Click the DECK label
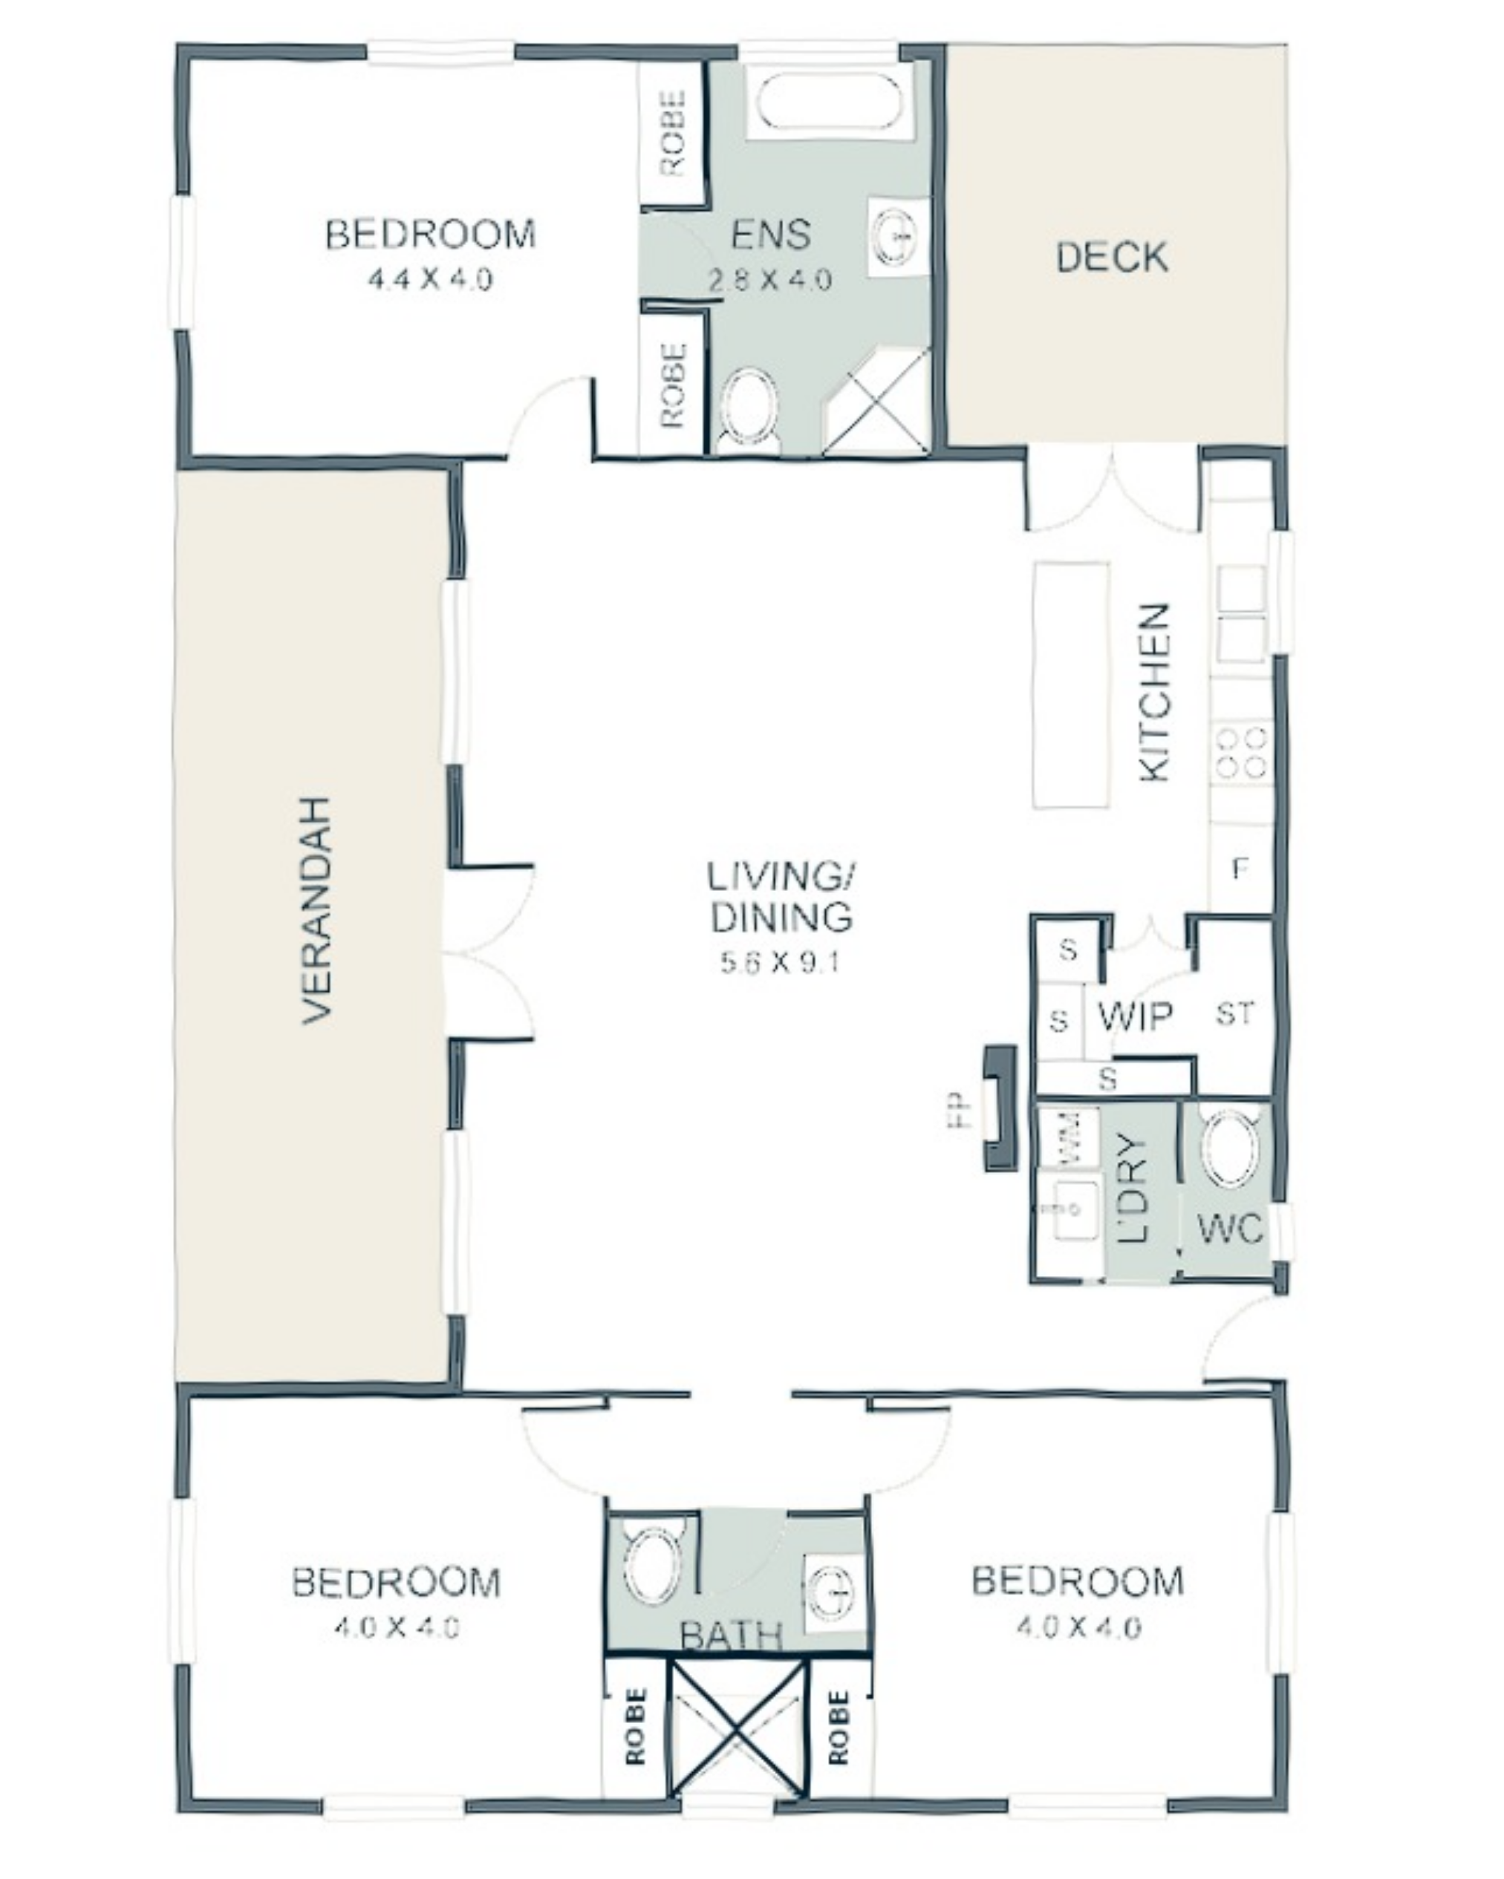pyautogui.click(x=1112, y=257)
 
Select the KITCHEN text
pyautogui.click(x=1153, y=693)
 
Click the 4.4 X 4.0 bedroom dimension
pyautogui.click(x=431, y=280)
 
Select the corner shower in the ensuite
pyautogui.click(x=876, y=400)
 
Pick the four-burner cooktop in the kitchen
pyautogui.click(x=1242, y=751)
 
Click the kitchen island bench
pyautogui.click(x=1072, y=685)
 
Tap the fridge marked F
pyautogui.click(x=1240, y=869)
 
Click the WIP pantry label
pyautogui.click(x=1134, y=1016)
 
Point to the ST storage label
pyautogui.click(x=1234, y=1013)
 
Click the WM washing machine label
pyautogui.click(x=1069, y=1136)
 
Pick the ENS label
pyautogui.click(x=771, y=235)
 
